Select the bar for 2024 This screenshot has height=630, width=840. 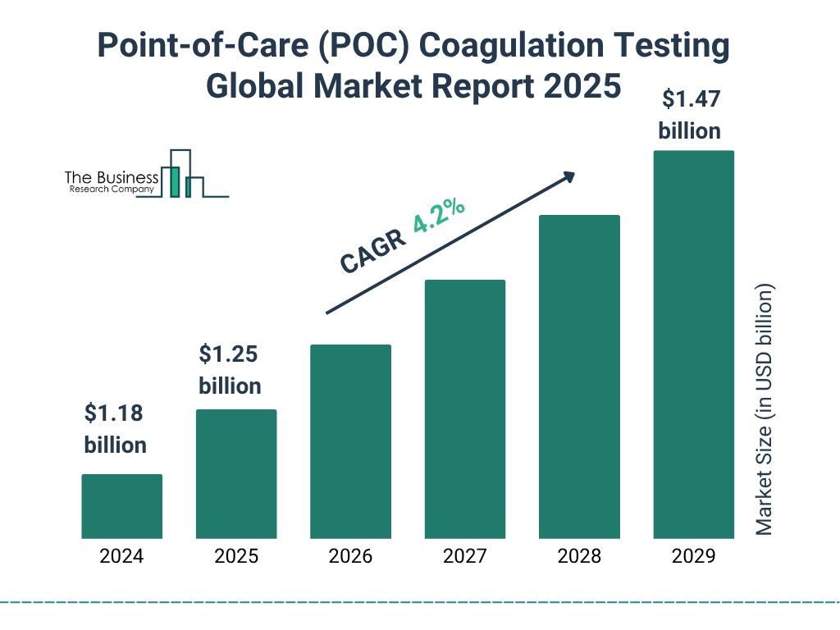pos(121,506)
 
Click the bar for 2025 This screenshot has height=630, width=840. pos(236,474)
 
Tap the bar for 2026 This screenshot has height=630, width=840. pos(350,441)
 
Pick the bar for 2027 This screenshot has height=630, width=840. pos(464,409)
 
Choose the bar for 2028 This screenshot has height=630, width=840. pos(579,377)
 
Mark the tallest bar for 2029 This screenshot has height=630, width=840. pos(693,345)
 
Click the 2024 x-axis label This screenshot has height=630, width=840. pos(121,556)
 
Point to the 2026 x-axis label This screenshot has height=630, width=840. pos(350,556)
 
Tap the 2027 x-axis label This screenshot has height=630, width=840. pos(464,556)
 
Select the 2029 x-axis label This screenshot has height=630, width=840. pos(693,556)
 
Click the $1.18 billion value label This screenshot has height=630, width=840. pos(115,429)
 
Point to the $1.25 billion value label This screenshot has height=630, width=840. pos(230,370)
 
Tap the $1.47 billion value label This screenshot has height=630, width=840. pos(690,115)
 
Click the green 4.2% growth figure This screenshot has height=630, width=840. pos(439,217)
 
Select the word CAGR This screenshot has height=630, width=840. pos(372,250)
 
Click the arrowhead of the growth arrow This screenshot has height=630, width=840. pos(568,176)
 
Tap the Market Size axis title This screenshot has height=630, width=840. pos(764,410)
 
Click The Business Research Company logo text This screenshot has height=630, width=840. pos(111,183)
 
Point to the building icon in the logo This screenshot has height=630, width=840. pos(182,174)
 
